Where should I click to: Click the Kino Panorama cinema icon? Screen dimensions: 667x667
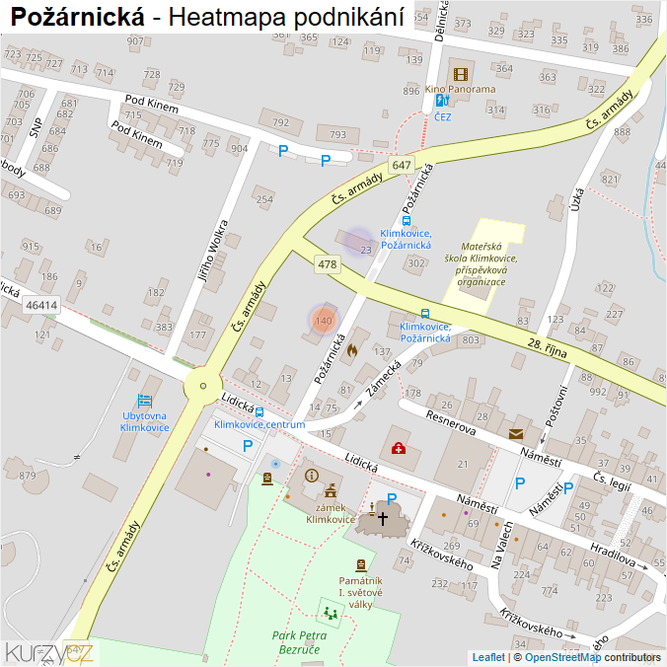(460, 74)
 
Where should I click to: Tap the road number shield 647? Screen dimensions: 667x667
(401, 166)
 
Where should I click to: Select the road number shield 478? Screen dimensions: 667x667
(328, 264)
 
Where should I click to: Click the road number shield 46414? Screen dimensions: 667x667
(41, 306)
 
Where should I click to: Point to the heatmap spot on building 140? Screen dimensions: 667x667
(324, 319)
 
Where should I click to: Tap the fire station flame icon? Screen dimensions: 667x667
(352, 349)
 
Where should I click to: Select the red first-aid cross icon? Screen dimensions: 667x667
(399, 449)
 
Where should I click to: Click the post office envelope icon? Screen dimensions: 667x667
(516, 433)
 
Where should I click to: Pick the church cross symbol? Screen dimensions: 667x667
(383, 516)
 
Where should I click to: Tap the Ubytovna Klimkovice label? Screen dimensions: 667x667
(144, 421)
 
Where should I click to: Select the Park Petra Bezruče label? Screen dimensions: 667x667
(300, 642)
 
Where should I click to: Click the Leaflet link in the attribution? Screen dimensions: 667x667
(488, 657)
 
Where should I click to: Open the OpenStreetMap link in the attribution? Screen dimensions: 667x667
(562, 657)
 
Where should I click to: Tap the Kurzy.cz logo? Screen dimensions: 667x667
(49, 652)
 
